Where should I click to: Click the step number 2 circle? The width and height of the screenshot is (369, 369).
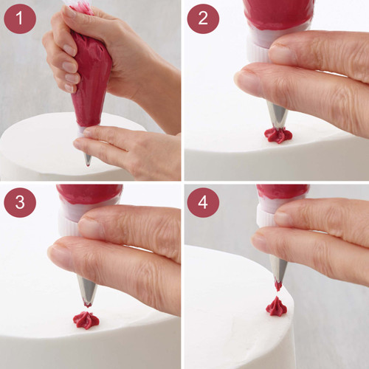pos(203,18)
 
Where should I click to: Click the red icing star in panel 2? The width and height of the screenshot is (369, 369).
pos(278,135)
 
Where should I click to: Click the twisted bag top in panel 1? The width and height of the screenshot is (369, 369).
pos(81,7)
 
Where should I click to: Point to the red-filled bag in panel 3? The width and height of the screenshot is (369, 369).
pos(89,193)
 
